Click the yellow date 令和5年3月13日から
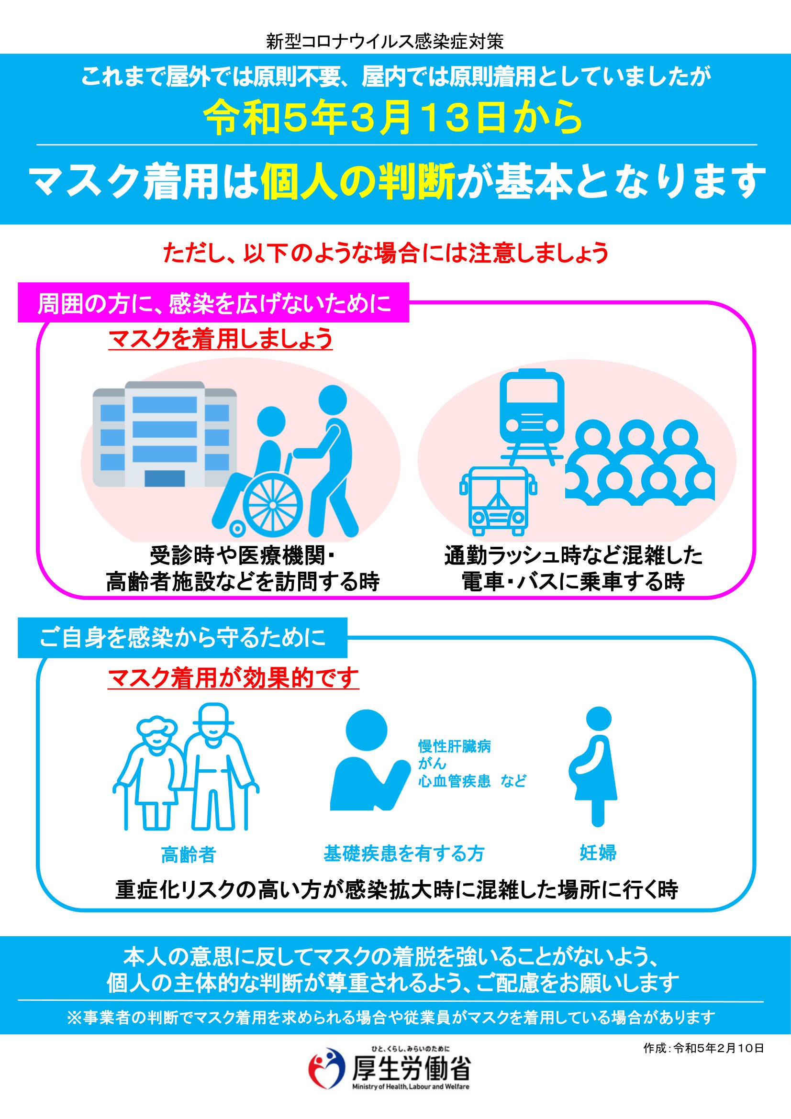click(393, 119)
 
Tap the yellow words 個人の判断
click(358, 181)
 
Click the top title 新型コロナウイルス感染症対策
click(385, 42)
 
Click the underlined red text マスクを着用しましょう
click(220, 339)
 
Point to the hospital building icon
click(165, 434)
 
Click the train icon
click(532, 417)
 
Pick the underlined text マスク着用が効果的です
click(234, 678)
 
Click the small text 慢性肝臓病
click(455, 746)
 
